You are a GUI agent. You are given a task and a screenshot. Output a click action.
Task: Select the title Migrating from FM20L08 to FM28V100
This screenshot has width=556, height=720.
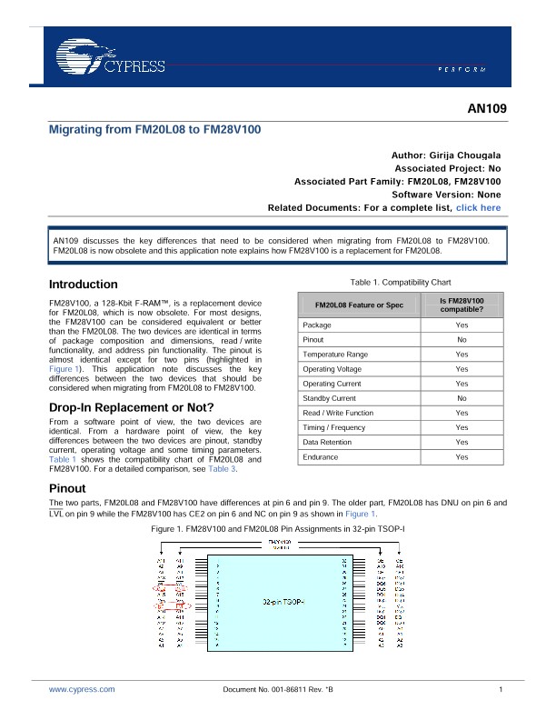coord(154,130)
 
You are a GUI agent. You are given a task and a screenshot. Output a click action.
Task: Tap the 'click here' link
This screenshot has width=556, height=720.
coord(478,208)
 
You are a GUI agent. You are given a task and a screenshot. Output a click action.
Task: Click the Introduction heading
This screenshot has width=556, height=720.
coord(83,284)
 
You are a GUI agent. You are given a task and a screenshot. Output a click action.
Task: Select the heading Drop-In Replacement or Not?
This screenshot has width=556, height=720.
coord(131,406)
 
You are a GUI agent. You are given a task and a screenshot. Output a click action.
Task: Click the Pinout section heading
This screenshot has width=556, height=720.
coord(67,489)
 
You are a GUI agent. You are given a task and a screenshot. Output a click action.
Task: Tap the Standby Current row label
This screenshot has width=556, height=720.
coord(329,398)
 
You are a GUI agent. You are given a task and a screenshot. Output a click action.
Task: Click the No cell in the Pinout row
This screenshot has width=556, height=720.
coord(462,339)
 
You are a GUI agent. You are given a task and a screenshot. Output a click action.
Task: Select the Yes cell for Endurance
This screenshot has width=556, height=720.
coord(462,457)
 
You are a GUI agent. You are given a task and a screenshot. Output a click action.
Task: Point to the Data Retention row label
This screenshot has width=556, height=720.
coord(328,442)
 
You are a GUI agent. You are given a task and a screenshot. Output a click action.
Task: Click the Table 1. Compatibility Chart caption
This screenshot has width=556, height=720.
coord(393,282)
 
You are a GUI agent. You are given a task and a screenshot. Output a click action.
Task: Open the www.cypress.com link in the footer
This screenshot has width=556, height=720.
coord(82,690)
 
